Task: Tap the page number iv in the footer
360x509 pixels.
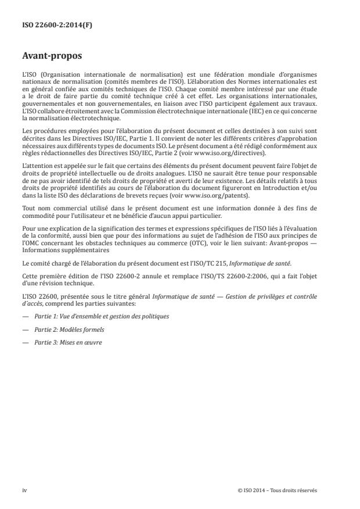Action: (x=24, y=490)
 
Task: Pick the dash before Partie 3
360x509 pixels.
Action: (x=25, y=342)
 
